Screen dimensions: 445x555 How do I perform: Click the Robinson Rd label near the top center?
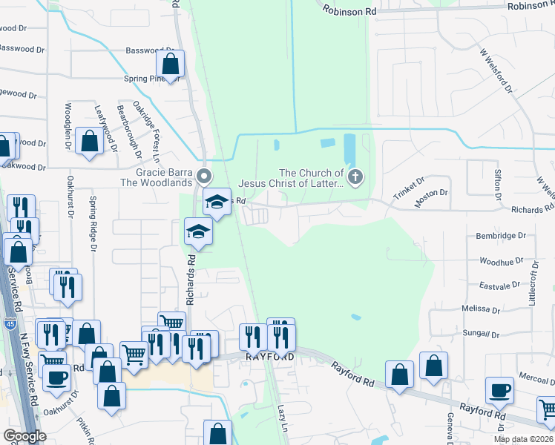350,12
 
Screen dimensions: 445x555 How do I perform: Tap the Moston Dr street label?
432,193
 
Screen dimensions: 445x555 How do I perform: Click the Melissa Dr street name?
481,309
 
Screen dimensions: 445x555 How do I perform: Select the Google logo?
24,436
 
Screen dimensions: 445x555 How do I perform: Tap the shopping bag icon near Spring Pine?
171,65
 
